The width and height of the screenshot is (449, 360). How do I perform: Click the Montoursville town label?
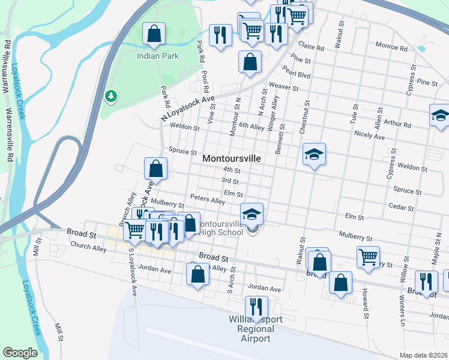pos(232,158)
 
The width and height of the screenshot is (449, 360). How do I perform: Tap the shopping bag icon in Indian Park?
pos(154,34)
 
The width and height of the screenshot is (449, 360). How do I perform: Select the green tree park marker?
pos(110,95)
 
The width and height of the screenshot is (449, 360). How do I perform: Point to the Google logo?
pos(20,353)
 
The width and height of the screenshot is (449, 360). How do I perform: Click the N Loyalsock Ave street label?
pos(187,109)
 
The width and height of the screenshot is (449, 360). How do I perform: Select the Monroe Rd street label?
pos(391,45)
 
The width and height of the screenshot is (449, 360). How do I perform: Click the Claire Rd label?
pos(312,47)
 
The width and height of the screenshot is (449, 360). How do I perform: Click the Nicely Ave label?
pos(370,136)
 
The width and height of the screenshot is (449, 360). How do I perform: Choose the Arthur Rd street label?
pos(398,125)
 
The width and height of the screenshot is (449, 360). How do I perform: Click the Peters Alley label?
pos(207,199)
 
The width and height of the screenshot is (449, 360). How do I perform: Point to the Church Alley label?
pos(88,245)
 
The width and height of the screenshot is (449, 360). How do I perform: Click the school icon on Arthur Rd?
pos(439,115)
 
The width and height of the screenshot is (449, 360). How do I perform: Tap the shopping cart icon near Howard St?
pos(368,256)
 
